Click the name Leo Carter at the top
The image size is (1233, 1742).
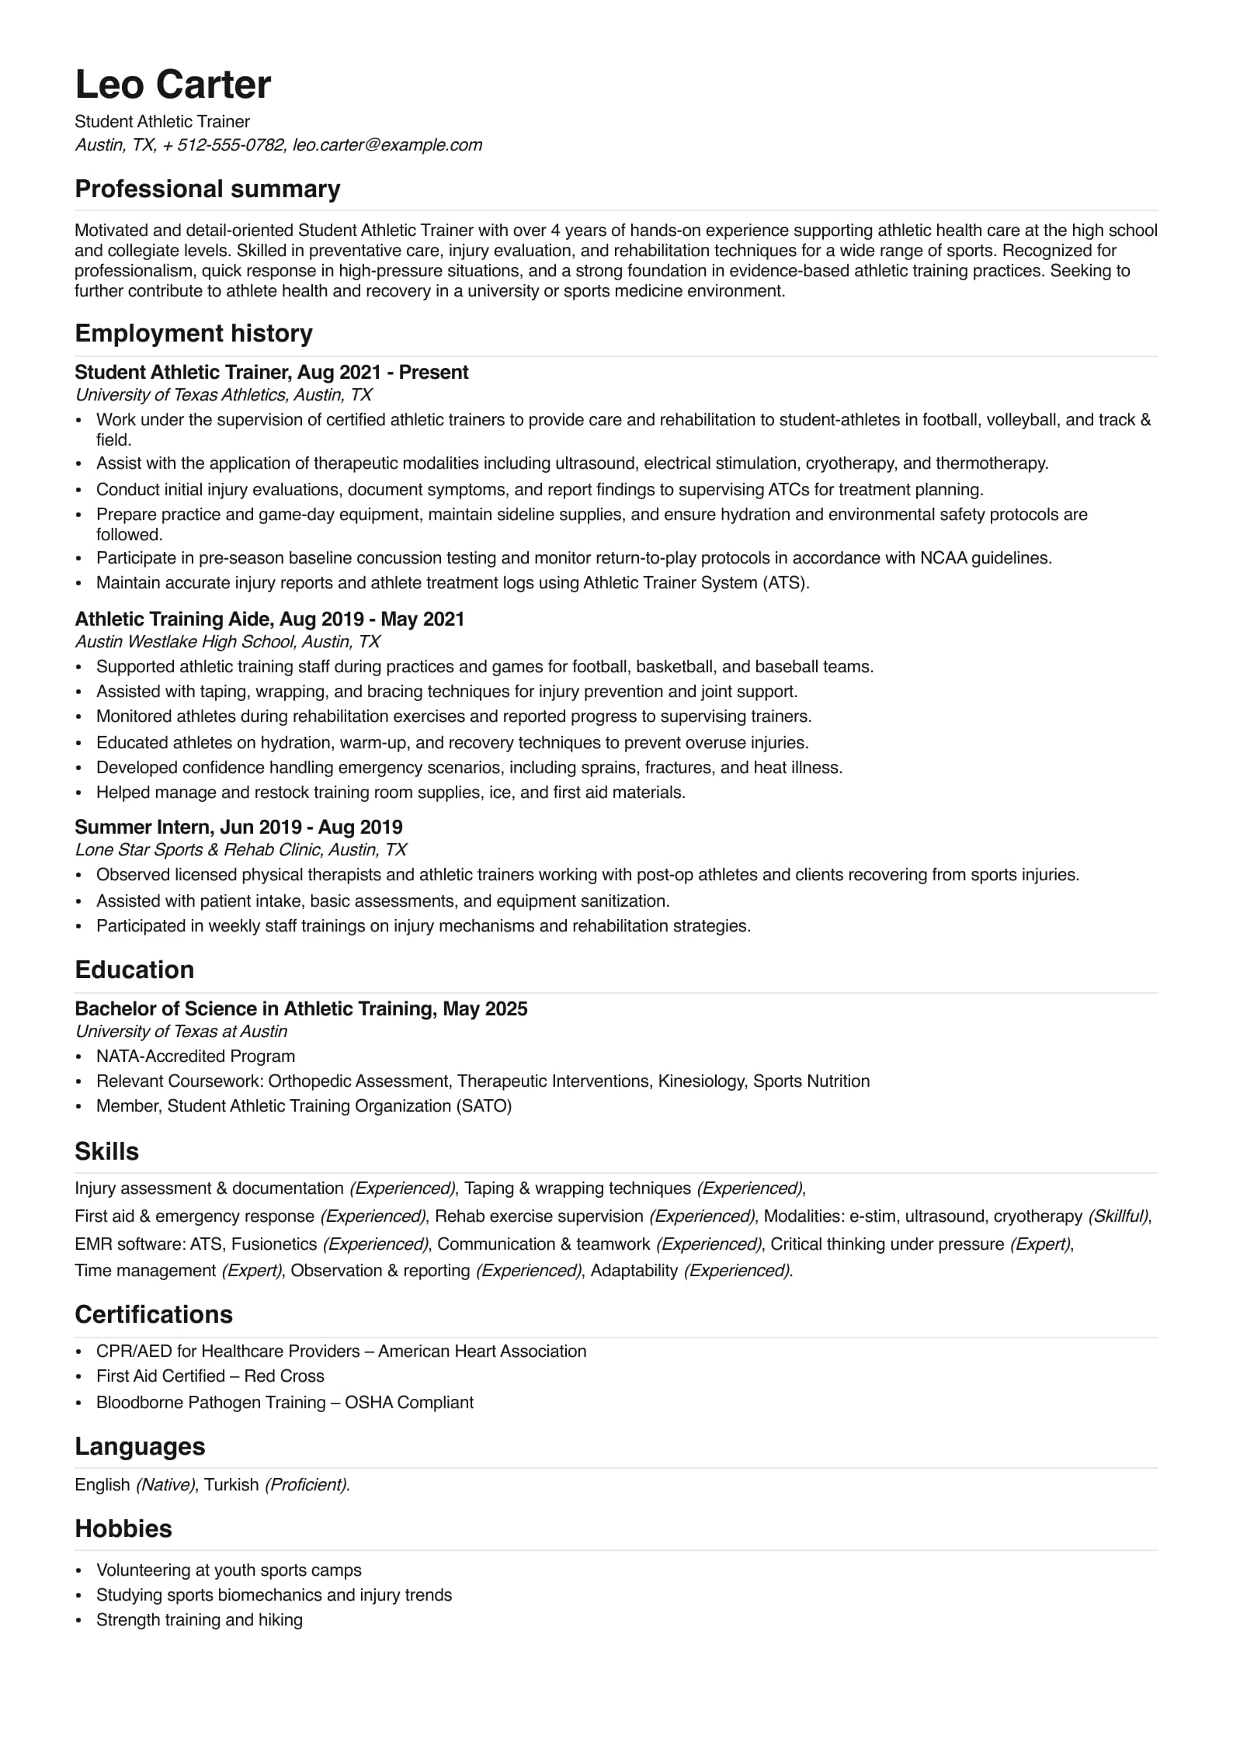pos(172,85)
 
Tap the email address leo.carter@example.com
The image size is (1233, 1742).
pos(387,145)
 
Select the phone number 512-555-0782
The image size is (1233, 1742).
pos(231,145)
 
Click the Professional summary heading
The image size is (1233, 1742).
pos(207,189)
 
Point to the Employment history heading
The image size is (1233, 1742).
pos(193,333)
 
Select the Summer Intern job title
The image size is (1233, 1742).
pos(141,827)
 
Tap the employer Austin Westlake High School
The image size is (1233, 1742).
pos(185,641)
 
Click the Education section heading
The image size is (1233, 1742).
pos(134,970)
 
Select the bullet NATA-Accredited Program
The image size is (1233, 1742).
pos(196,1056)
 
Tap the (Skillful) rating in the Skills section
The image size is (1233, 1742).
pos(1117,1216)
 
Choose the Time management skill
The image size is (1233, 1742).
pos(145,1270)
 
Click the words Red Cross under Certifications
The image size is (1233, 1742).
pos(284,1376)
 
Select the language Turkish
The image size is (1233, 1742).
pos(231,1484)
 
